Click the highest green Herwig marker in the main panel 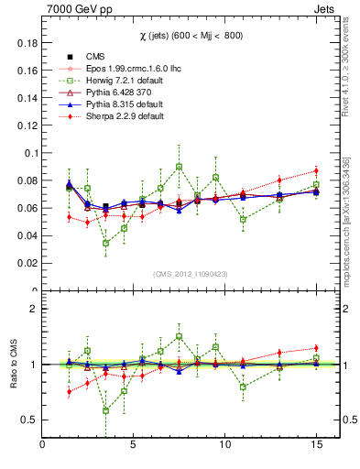coord(179,167)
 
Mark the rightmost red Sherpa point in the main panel coord(315,170)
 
